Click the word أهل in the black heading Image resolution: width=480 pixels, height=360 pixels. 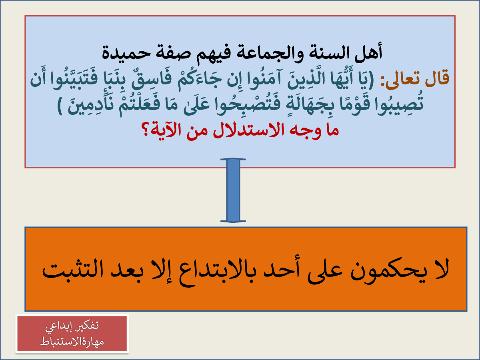368,52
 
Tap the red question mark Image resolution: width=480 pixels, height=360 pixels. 145,129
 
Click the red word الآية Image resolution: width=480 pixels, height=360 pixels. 166,130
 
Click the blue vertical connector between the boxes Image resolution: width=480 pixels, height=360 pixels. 233,190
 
